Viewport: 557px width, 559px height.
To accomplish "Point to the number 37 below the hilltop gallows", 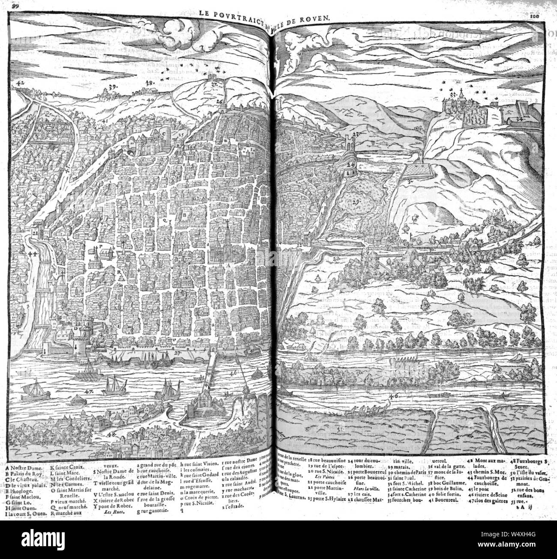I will [214, 85].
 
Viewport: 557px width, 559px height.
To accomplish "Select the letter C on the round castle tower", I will [164, 133].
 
